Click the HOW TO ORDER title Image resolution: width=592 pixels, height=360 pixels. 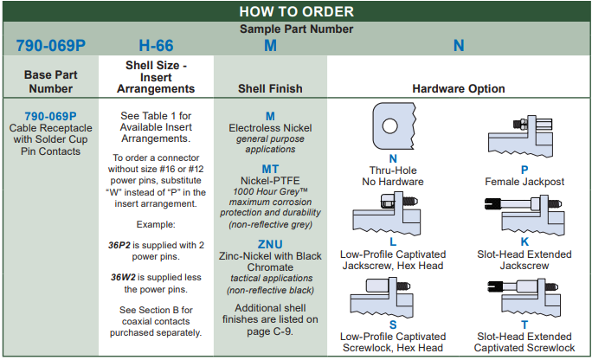coord(296,11)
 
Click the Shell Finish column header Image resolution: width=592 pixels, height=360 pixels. coord(270,88)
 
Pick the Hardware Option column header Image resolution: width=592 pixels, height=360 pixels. coord(459,88)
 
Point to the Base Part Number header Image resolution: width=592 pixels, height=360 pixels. coord(50,81)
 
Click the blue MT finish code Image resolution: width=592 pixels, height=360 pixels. coord(270,170)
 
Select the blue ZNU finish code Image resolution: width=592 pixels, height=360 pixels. coord(270,244)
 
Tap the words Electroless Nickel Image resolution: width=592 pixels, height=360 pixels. coord(270,128)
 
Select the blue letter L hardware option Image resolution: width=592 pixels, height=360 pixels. coord(393,242)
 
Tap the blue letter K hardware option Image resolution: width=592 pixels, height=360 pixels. coord(524,242)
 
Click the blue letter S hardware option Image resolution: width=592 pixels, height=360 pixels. coord(393,325)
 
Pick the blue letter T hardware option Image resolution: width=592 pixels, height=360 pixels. coord(524,325)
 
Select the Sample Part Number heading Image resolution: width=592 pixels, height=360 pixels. coord(296,29)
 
